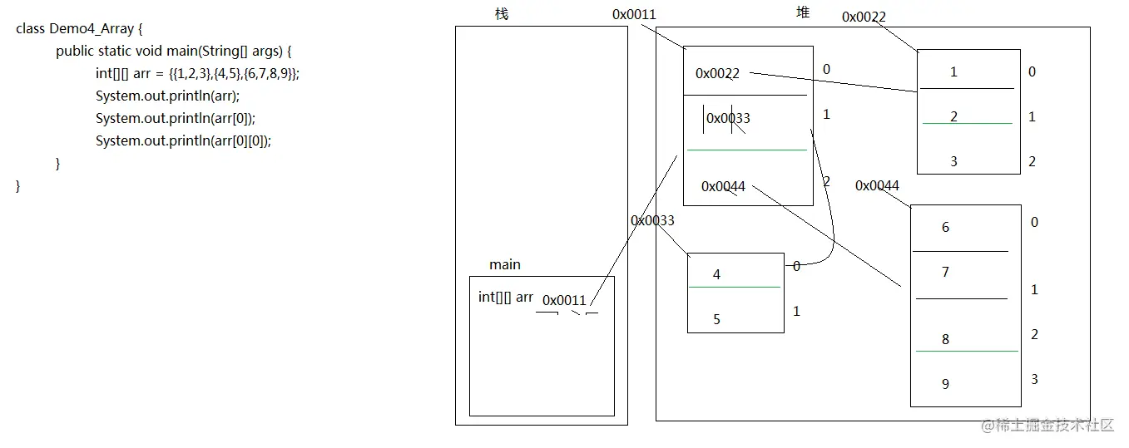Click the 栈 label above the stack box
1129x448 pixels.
click(x=501, y=14)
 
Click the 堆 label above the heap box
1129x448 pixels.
click(x=803, y=12)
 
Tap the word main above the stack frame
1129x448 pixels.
click(x=505, y=264)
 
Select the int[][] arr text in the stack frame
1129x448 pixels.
click(x=506, y=297)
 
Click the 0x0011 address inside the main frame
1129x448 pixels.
click(x=564, y=300)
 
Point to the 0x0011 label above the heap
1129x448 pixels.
click(x=634, y=14)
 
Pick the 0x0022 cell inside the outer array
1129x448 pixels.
click(x=717, y=73)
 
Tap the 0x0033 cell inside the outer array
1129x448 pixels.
click(x=728, y=118)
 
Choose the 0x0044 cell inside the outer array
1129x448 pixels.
click(x=723, y=186)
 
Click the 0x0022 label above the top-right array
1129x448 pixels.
click(x=864, y=17)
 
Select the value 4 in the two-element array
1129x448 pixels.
click(x=716, y=274)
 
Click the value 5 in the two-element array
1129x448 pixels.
click(x=716, y=319)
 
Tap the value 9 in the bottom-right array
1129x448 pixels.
click(x=945, y=384)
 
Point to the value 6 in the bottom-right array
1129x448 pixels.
click(x=945, y=227)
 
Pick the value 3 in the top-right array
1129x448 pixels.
click(x=953, y=161)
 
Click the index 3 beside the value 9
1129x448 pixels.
click(x=1034, y=379)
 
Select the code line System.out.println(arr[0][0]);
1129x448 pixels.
click(x=183, y=140)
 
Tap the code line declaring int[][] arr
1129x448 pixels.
click(x=197, y=73)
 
